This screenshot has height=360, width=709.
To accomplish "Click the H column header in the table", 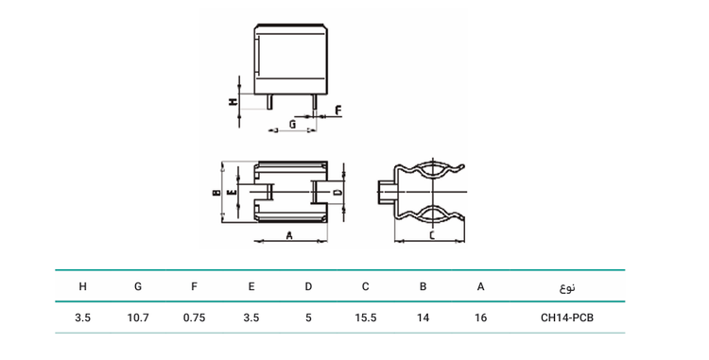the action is (83, 286).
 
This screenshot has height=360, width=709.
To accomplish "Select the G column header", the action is (138, 286).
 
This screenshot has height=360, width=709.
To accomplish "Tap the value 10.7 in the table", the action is (138, 318).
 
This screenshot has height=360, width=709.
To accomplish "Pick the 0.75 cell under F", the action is (194, 318).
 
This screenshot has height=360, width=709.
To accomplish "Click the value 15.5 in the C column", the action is (365, 318).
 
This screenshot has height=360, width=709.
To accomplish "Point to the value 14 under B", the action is (423, 318).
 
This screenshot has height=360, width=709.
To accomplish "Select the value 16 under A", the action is (480, 318).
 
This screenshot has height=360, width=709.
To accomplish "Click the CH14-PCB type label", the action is (567, 318).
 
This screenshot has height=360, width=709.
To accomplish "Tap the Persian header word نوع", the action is (567, 287).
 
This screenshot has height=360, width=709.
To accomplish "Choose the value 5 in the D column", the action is (308, 318).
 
